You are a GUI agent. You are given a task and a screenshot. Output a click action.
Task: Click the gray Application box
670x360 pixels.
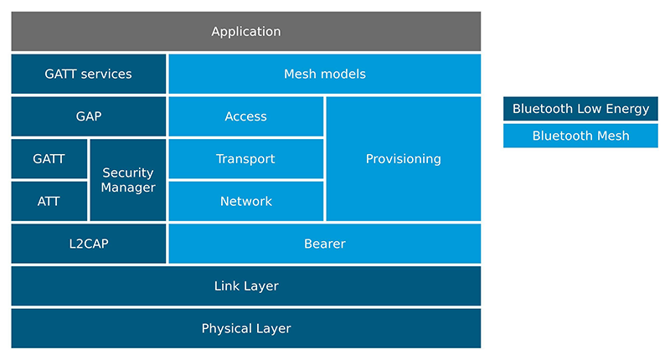click(x=245, y=32)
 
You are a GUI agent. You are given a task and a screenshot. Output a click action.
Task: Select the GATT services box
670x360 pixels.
click(x=88, y=74)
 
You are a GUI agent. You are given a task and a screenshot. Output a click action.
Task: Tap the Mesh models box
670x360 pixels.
click(x=324, y=74)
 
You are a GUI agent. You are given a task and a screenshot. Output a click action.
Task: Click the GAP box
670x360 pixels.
click(x=88, y=116)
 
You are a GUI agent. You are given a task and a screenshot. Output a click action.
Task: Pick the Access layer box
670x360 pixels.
click(x=245, y=116)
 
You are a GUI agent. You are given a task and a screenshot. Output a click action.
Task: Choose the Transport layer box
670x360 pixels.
click(x=245, y=159)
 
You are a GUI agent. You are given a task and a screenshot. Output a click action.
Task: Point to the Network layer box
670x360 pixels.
click(x=245, y=201)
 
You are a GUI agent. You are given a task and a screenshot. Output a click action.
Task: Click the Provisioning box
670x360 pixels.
click(x=403, y=159)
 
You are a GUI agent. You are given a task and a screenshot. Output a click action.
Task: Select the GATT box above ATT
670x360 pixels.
click(x=49, y=159)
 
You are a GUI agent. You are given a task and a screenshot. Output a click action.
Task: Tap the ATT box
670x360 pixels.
click(x=49, y=201)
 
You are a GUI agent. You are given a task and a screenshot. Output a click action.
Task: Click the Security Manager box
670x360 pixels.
click(x=127, y=180)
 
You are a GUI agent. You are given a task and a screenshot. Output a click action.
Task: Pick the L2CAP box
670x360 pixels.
click(x=88, y=244)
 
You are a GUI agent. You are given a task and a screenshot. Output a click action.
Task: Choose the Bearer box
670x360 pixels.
click(x=324, y=244)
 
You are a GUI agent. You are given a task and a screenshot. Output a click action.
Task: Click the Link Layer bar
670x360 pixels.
click(x=245, y=286)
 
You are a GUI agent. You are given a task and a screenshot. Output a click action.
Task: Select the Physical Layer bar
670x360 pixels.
click(x=245, y=328)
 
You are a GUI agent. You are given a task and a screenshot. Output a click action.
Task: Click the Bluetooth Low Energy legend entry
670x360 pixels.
click(x=580, y=109)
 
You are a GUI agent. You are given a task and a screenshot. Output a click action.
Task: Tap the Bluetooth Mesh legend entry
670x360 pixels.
click(x=580, y=136)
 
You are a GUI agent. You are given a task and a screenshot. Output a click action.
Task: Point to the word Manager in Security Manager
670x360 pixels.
click(x=128, y=188)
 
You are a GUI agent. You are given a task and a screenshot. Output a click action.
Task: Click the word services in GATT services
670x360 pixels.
click(x=107, y=74)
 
